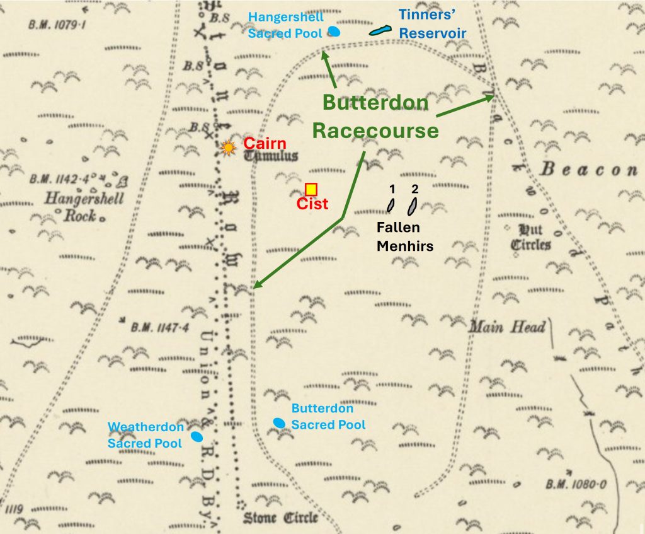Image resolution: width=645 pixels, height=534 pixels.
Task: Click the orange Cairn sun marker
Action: point(228,148)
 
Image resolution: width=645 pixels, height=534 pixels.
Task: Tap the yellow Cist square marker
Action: point(311,189)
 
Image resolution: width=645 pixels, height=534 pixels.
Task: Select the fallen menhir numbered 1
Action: point(391,205)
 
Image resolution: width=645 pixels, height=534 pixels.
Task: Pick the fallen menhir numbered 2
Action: point(413,205)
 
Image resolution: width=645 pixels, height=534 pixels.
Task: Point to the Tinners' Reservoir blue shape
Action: point(380,30)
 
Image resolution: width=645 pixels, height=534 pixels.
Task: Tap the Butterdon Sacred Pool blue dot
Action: point(279,422)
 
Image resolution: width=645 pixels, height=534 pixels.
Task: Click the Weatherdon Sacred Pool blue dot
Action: point(197,436)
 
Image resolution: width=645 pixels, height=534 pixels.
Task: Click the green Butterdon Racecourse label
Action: point(375,117)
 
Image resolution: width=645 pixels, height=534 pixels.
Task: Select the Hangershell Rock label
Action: point(85,207)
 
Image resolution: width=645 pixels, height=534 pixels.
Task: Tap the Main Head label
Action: point(506,327)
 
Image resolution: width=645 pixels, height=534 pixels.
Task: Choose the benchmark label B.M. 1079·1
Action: point(57,25)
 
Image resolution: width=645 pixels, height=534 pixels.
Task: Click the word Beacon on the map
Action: point(588,170)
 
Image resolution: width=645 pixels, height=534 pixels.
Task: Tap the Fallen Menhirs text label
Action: point(405,236)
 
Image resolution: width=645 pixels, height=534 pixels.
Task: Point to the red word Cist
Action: point(312,204)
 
